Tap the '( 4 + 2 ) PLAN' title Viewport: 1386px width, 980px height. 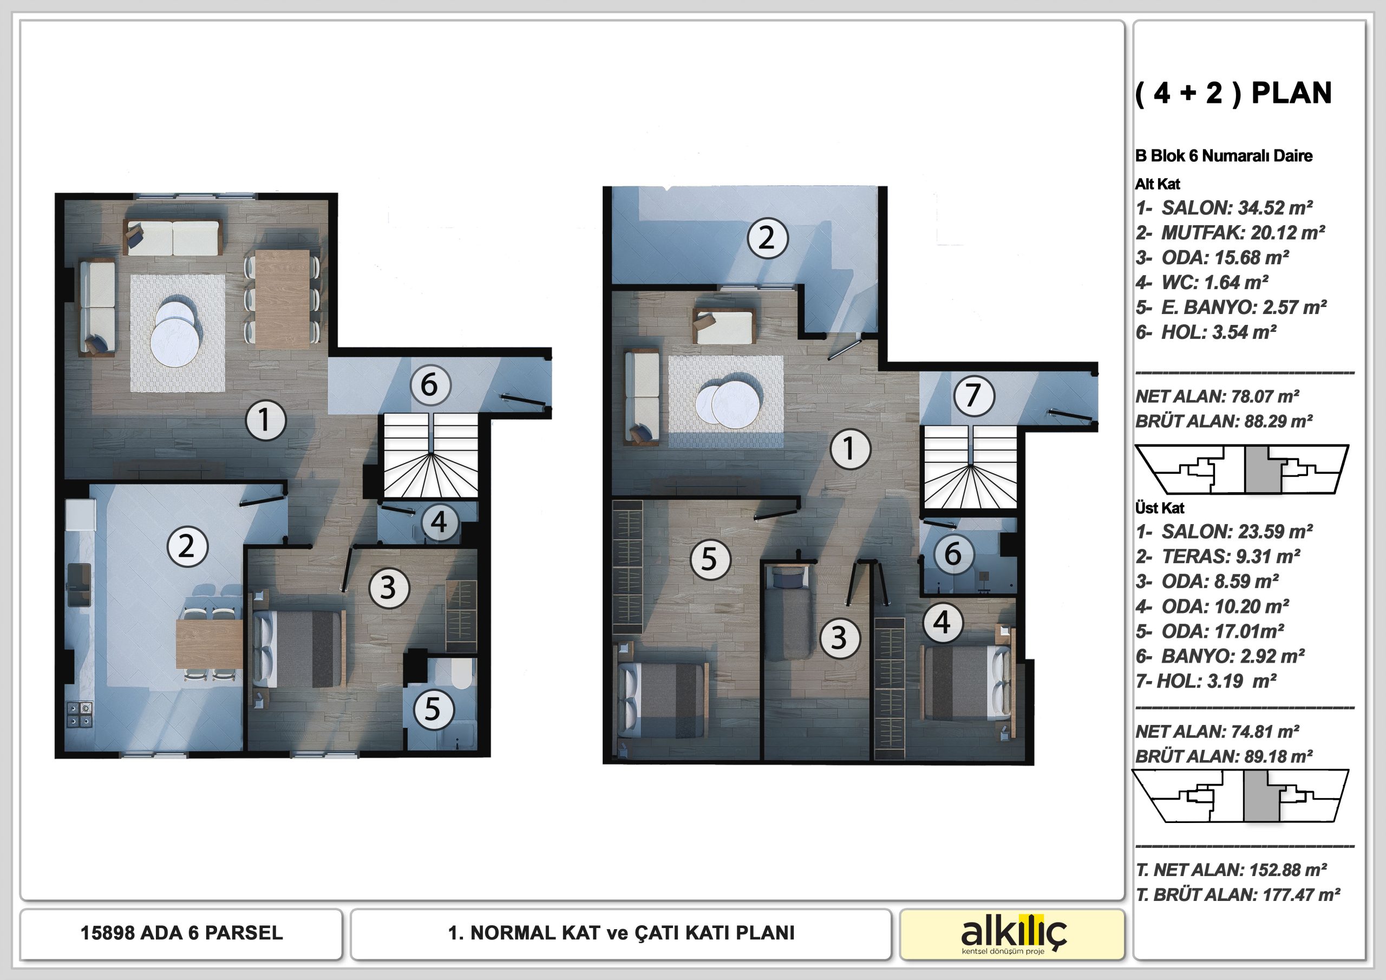pyautogui.click(x=1233, y=93)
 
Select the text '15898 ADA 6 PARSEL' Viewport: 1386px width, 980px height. pyautogui.click(x=182, y=933)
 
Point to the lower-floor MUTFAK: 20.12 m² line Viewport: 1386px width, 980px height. pyautogui.click(x=1230, y=232)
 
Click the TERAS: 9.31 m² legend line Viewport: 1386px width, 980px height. pyautogui.click(x=1218, y=556)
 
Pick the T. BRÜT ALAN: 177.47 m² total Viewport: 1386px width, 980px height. pyautogui.click(x=1238, y=894)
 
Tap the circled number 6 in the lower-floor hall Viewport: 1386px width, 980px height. pyautogui.click(x=429, y=384)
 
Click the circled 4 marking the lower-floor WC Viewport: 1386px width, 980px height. pyautogui.click(x=439, y=522)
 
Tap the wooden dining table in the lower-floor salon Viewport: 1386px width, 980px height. pyautogui.click(x=283, y=299)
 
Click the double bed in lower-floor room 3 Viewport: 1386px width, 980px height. pyautogui.click(x=298, y=648)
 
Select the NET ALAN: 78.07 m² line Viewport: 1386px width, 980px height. pyautogui.click(x=1217, y=397)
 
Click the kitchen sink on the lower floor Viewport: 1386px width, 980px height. pyautogui.click(x=79, y=585)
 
